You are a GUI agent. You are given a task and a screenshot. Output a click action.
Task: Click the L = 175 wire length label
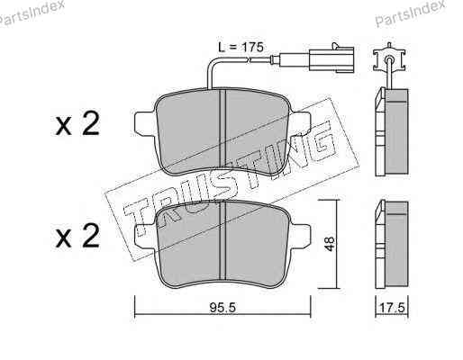click(241, 47)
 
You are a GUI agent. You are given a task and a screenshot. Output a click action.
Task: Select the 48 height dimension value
click(330, 244)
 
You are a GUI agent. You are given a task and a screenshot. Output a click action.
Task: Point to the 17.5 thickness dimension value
click(393, 308)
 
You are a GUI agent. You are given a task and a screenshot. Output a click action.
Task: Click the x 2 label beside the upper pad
click(77, 124)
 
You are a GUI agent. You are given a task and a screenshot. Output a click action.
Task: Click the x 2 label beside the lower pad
click(77, 237)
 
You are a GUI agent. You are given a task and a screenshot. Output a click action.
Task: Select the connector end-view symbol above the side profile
click(389, 58)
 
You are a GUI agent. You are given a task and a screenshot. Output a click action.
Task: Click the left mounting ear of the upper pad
click(146, 123)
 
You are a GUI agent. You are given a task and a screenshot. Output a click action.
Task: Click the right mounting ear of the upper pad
click(299, 123)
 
